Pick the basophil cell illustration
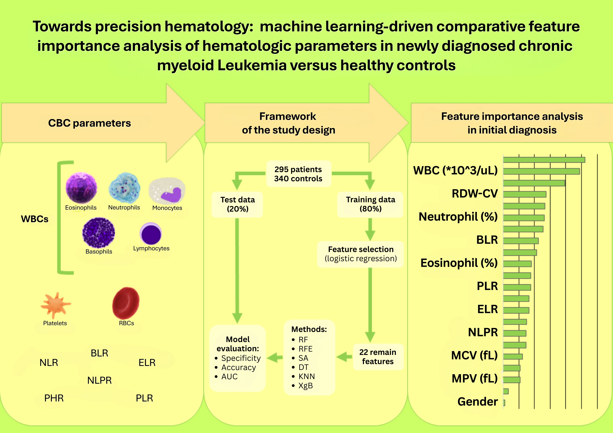click(x=99, y=233)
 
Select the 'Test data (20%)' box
click(x=237, y=204)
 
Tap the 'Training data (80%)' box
click(x=370, y=204)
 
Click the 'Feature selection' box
click(x=360, y=254)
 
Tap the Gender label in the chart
click(x=477, y=401)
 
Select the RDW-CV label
click(x=474, y=193)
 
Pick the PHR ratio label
click(x=54, y=398)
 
